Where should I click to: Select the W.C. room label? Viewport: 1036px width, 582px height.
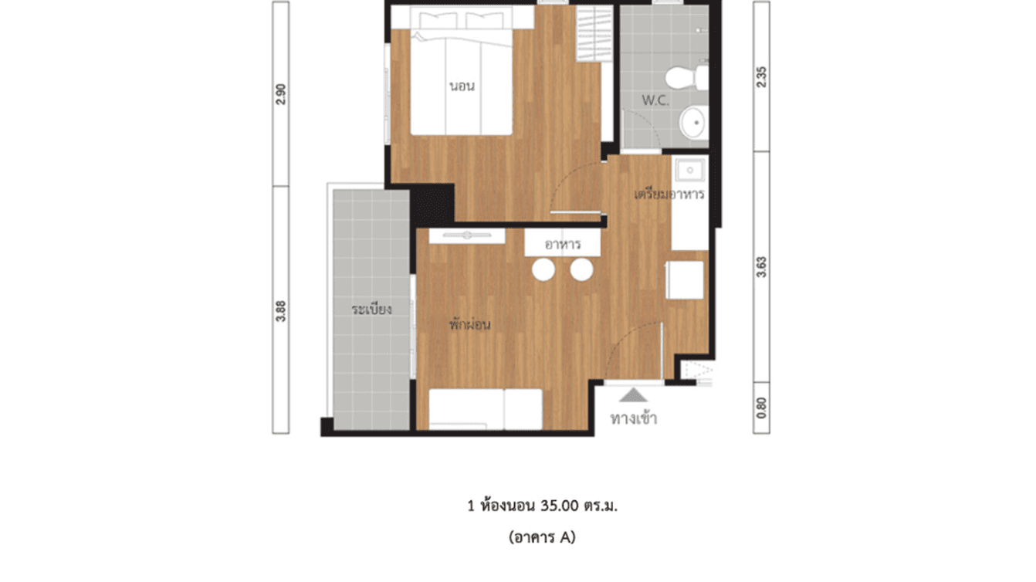[655, 101]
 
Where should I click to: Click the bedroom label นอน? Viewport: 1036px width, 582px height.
[462, 86]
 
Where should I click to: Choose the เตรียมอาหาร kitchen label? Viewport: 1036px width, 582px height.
[669, 195]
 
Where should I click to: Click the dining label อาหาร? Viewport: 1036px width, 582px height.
[563, 245]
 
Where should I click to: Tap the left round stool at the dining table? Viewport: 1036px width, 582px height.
[544, 269]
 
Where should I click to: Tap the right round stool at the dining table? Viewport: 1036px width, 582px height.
[581, 269]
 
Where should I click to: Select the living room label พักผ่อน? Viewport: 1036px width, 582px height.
[470, 325]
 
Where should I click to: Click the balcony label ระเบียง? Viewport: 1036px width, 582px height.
[372, 310]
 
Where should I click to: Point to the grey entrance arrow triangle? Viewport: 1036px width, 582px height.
[634, 395]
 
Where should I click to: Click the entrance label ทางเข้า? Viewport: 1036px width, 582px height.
[634, 419]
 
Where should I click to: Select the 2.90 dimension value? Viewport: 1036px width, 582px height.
[281, 94]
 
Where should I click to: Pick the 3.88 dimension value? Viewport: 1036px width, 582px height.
[281, 310]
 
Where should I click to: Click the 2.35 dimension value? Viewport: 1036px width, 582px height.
[762, 77]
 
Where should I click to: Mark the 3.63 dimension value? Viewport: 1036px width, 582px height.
[762, 266]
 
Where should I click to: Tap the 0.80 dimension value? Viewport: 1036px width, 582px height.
[762, 407]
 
